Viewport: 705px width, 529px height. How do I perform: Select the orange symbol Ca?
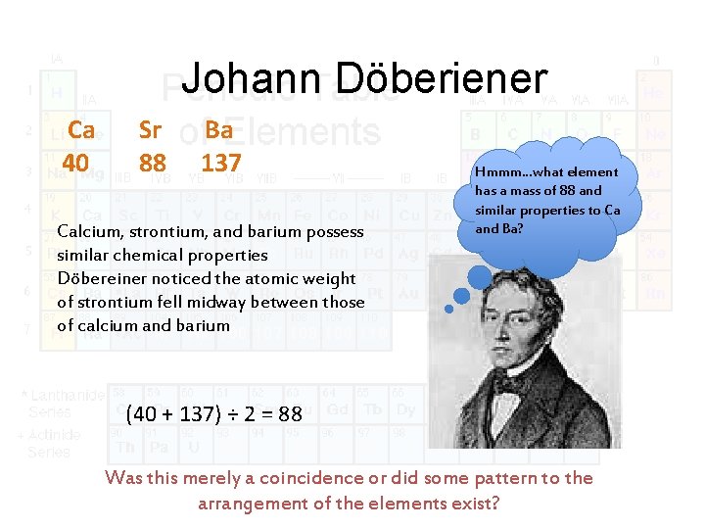point(81,130)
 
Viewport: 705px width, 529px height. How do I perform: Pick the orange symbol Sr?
point(150,130)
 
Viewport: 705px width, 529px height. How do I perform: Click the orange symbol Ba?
point(219,130)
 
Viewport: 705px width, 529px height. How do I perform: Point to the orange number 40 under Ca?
point(75,161)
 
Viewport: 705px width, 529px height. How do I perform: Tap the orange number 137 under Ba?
point(220,161)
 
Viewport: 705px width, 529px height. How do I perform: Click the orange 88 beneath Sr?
point(152,161)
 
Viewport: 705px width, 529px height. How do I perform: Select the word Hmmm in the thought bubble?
point(499,172)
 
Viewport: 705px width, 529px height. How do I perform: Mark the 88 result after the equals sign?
point(290,414)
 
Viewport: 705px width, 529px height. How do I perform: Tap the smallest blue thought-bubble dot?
point(449,309)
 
